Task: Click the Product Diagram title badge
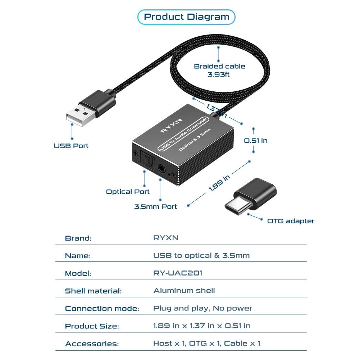pyautogui.click(x=186, y=17)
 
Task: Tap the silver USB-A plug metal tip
pyautogui.click(x=79, y=115)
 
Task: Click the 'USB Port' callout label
pyautogui.click(x=71, y=146)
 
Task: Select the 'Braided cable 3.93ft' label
pyautogui.click(x=219, y=70)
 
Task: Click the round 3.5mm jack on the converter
pyautogui.click(x=161, y=168)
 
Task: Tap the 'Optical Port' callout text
pyautogui.click(x=128, y=192)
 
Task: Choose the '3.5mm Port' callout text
pyautogui.click(x=155, y=207)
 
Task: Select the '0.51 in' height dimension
pyautogui.click(x=256, y=140)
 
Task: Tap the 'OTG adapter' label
pyautogui.click(x=291, y=221)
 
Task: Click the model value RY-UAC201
pyautogui.click(x=178, y=273)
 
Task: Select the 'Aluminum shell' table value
pyautogui.click(x=184, y=291)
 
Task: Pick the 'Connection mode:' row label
pyautogui.click(x=102, y=309)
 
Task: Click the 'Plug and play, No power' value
pyautogui.click(x=202, y=308)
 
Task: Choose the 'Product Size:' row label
pyautogui.click(x=92, y=326)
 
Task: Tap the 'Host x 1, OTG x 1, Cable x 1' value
pyautogui.click(x=206, y=343)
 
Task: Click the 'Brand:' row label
pyautogui.click(x=78, y=238)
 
